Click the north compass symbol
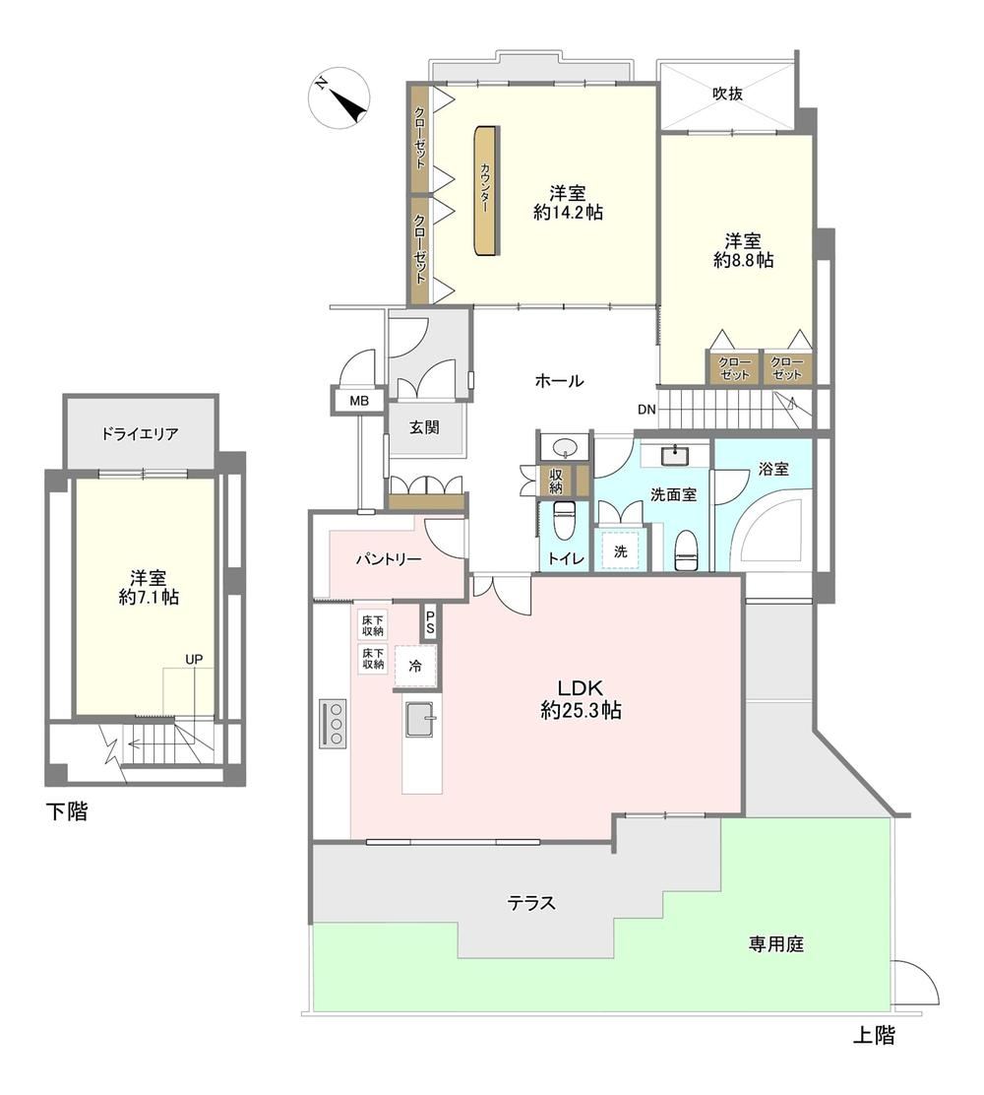click(x=338, y=97)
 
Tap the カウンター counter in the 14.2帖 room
click(x=486, y=191)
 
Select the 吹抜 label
click(x=727, y=93)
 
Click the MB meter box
click(x=359, y=401)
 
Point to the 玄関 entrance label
click(x=424, y=426)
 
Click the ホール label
click(x=559, y=381)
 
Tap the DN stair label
click(x=646, y=410)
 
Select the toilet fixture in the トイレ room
click(x=563, y=520)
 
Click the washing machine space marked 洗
click(x=620, y=551)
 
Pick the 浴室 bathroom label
click(x=773, y=470)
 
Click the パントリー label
click(x=388, y=558)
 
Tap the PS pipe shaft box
click(x=430, y=621)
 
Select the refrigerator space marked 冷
click(x=415, y=667)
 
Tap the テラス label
click(x=531, y=903)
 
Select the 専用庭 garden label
click(x=776, y=944)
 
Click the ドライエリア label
click(x=140, y=433)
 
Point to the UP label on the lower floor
click(x=194, y=659)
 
